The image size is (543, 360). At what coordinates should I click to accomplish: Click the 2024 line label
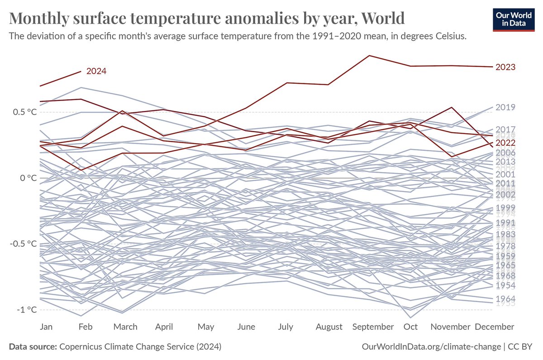coord(96,71)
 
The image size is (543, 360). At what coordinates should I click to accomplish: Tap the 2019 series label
coord(505,107)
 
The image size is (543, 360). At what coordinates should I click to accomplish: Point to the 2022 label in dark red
coord(505,143)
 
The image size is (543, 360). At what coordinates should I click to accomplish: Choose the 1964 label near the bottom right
coord(505,299)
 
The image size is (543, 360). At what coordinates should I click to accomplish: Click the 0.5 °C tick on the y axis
coord(24,112)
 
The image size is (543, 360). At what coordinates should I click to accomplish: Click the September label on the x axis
coord(372,327)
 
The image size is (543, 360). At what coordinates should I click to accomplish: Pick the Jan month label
coord(46,327)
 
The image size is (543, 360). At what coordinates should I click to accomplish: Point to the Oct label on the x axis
coord(410,327)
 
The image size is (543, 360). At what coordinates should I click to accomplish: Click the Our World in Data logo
coord(510,19)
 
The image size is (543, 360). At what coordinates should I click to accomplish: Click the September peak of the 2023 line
coord(369,56)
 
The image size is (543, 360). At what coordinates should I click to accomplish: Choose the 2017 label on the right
coord(505,130)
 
